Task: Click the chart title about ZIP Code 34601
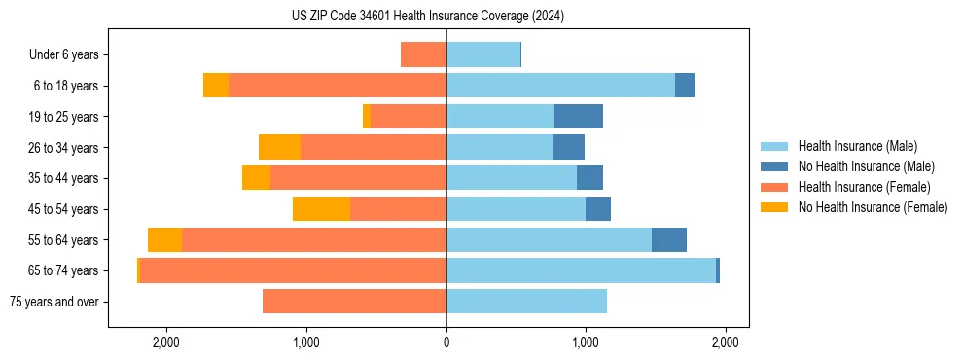[427, 17]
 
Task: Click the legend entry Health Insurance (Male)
[857, 146]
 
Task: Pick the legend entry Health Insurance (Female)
[864, 187]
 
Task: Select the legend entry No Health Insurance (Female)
[873, 207]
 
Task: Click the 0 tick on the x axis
[446, 342]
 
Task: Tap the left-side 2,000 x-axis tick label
[166, 342]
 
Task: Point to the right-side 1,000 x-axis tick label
[586, 342]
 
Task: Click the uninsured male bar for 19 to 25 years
[579, 117]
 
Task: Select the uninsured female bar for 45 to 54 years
[321, 209]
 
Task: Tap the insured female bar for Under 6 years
[423, 55]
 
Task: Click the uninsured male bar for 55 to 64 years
[669, 239]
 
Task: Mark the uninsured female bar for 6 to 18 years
[216, 86]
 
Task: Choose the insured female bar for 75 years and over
[354, 302]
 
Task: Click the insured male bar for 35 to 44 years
[512, 178]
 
